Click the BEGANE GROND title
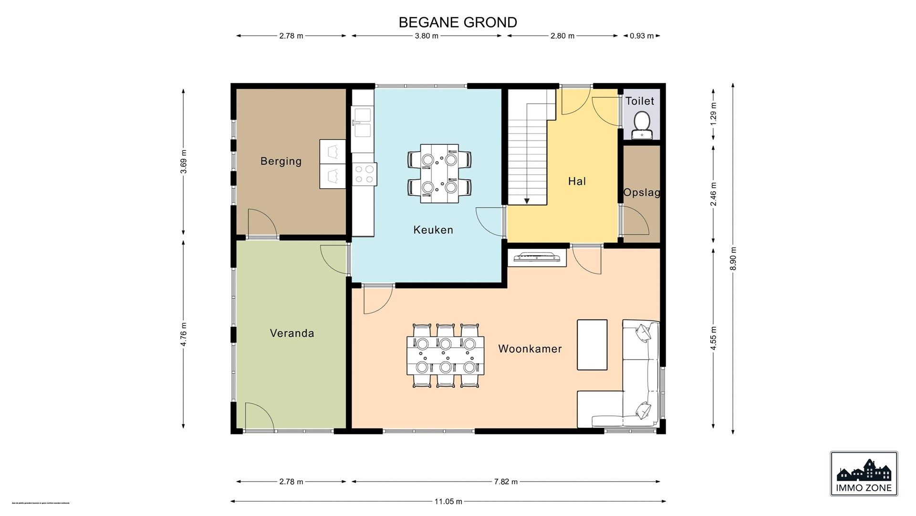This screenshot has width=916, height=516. [x=458, y=22]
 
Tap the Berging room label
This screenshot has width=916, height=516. [x=281, y=161]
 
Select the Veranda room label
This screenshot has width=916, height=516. [x=292, y=333]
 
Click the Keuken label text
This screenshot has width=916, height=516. [x=433, y=230]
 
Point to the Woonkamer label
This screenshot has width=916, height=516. [x=530, y=349]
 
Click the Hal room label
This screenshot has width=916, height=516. [x=577, y=181]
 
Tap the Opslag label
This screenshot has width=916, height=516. [x=642, y=193]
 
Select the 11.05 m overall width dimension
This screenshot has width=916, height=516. [x=448, y=501]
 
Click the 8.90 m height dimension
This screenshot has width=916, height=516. [x=733, y=258]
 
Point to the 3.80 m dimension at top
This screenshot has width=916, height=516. [x=427, y=36]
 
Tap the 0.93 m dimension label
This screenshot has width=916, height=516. [x=642, y=36]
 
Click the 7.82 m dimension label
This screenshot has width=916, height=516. [x=506, y=482]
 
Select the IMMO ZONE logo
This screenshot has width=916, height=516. [x=864, y=473]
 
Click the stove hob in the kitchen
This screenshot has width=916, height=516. [x=364, y=174]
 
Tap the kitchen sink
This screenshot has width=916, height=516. [x=363, y=122]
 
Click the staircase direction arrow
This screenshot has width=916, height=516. [x=527, y=201]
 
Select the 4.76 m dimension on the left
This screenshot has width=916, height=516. [x=184, y=334]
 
